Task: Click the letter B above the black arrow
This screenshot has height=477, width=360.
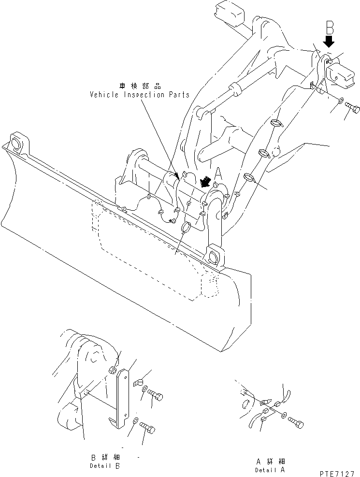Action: (329, 27)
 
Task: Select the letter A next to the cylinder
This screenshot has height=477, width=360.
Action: (218, 173)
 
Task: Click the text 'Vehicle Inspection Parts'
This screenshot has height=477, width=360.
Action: (140, 95)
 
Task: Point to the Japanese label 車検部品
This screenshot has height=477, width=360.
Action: (140, 86)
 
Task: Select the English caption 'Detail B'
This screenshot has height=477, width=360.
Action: (105, 466)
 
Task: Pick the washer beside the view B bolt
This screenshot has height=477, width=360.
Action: (340, 101)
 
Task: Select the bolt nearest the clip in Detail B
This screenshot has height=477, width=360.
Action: (155, 396)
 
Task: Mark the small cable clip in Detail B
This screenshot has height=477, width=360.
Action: (137, 383)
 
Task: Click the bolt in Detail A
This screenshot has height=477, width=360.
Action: (296, 422)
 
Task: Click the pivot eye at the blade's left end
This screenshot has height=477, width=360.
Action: (15, 143)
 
